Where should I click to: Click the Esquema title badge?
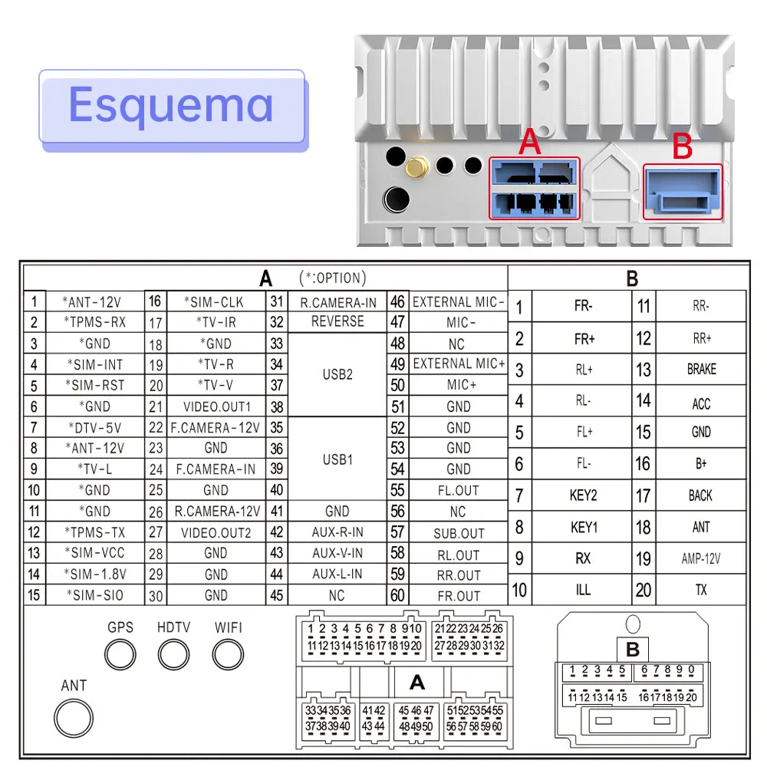coord(172,109)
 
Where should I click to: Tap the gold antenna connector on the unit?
coord(416,168)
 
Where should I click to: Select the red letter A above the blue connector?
coord(530,142)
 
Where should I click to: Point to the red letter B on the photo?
coord(683,146)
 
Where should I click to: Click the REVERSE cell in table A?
coord(337,322)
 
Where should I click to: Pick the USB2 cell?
coord(337,375)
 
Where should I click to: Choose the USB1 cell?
coord(337,459)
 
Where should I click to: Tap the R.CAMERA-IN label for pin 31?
coord(338,303)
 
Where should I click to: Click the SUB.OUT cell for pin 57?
coord(459,533)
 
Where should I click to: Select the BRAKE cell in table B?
coord(702,370)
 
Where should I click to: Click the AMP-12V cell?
coord(702,558)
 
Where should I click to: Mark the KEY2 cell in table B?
coord(583,495)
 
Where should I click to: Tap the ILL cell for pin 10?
coord(583,590)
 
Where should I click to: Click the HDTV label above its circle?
coord(173,627)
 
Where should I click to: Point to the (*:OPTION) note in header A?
coord(333,278)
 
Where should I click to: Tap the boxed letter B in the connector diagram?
coord(633,649)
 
